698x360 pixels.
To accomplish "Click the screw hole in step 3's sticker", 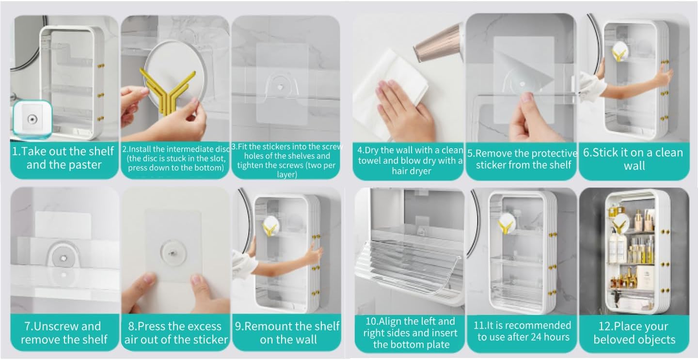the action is click(x=280, y=88).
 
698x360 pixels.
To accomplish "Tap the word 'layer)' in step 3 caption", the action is click(x=286, y=174).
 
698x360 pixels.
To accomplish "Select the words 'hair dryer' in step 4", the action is click(x=412, y=171).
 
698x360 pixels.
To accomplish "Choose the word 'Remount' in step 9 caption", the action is click(x=262, y=327).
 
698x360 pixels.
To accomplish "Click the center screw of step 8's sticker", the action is click(x=173, y=252).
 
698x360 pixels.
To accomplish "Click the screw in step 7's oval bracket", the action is click(x=63, y=258).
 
